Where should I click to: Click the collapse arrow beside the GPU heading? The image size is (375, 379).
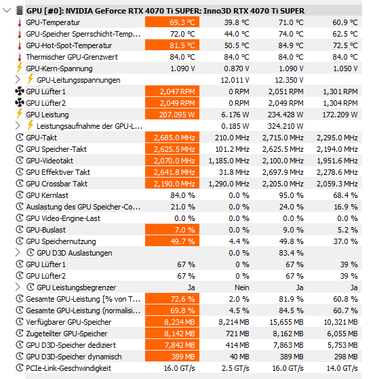coord(7,10)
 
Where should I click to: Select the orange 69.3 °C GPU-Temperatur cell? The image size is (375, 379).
coord(172,22)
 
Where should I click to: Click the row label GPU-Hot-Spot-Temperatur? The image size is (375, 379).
coord(69,45)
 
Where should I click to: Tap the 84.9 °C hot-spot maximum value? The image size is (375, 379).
coord(290,45)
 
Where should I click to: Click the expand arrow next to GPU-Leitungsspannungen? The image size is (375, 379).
coord(18,79)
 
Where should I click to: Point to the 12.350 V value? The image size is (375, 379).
coord(289,80)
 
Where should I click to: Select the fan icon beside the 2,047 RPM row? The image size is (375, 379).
coord(20,92)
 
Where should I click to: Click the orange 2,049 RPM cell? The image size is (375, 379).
coord(172,103)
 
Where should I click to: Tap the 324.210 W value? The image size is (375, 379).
coord(285,126)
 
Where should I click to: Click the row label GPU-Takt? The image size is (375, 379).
coord(41,138)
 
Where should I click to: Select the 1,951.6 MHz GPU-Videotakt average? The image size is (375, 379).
coord(337,161)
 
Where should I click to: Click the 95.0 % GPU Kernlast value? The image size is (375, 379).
coord(291,195)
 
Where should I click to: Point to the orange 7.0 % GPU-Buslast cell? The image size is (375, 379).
coord(172,230)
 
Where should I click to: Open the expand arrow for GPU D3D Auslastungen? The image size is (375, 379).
coord(18,252)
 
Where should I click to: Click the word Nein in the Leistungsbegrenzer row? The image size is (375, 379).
coord(242,287)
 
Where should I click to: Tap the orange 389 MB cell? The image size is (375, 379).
coord(172,357)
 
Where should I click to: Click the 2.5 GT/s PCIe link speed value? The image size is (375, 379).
coord(235,368)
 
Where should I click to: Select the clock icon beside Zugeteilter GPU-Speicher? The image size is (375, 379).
coord(20,334)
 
